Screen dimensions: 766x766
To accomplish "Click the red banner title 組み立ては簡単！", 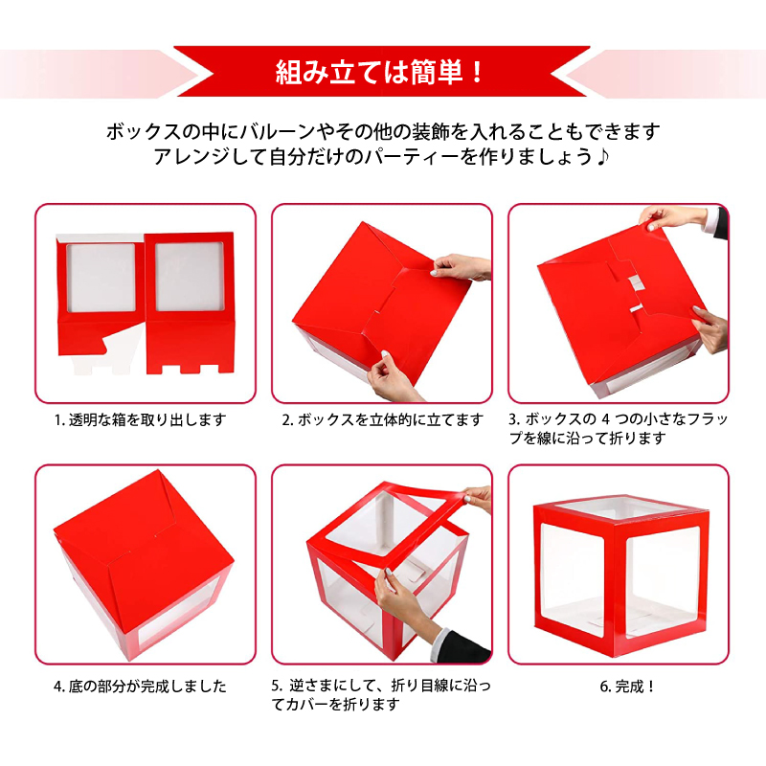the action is tap(379, 73).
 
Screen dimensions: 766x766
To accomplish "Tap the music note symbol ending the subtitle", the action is tap(603, 157).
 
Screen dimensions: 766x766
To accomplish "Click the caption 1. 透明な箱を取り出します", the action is tap(140, 420).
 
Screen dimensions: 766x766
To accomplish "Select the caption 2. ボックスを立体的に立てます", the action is tap(382, 420).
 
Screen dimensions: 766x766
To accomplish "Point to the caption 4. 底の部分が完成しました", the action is tap(140, 687).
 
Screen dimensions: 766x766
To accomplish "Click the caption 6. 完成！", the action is tap(627, 687).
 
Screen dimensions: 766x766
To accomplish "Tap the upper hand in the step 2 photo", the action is tap(461, 267).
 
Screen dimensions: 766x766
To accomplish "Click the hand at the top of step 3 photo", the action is tap(673, 217).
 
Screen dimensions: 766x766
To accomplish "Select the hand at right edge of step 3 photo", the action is tap(710, 328).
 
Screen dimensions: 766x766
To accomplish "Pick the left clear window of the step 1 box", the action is tap(101, 278).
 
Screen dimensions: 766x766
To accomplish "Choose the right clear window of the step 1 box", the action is tap(190, 277).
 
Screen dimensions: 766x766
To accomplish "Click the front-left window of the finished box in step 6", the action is tap(573, 580).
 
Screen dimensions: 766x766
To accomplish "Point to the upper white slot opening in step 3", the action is tap(635, 282).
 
